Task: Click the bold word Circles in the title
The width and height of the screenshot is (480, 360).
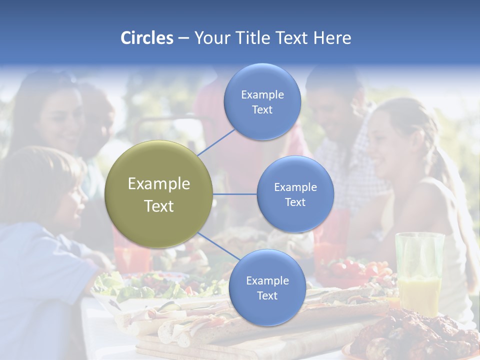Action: point(146,38)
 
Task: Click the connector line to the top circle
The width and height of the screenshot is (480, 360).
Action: point(216,142)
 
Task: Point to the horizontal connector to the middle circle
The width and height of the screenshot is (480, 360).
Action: point(235,194)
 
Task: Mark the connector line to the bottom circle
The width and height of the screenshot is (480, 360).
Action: point(218,248)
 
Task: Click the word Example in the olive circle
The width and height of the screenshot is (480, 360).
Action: point(159,184)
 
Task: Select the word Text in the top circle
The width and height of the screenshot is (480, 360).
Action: point(262,109)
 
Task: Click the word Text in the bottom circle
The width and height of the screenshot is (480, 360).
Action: point(267,295)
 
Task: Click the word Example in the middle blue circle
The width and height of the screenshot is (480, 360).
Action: point(295,187)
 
